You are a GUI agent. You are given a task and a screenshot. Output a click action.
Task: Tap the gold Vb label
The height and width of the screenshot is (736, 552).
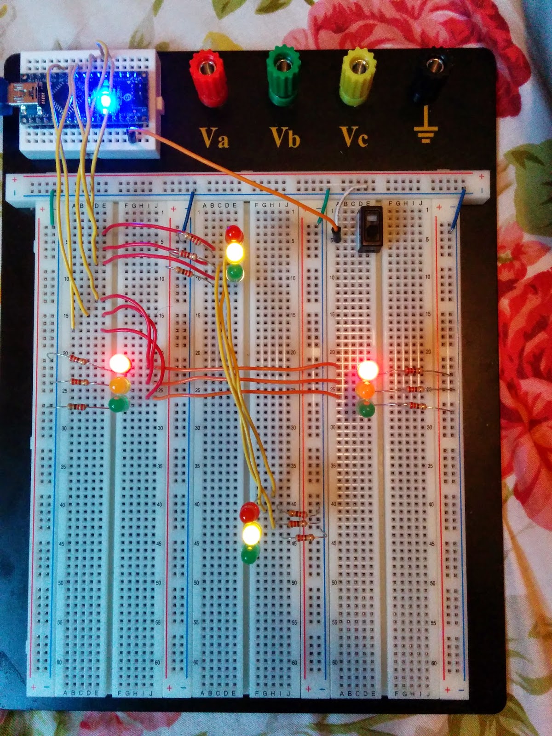[285, 137]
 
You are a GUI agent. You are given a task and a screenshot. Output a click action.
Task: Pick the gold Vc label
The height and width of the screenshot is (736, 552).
[354, 137]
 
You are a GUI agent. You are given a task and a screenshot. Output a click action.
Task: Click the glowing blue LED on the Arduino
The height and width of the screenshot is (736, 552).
[105, 99]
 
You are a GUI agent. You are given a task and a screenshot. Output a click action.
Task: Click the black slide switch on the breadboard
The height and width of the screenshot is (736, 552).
[370, 229]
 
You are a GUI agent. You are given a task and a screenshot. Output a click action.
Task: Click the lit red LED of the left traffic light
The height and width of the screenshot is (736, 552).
[120, 363]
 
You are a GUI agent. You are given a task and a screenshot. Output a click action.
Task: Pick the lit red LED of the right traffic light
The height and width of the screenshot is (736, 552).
[368, 369]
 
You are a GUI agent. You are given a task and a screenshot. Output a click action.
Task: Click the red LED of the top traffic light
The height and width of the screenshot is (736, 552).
[235, 234]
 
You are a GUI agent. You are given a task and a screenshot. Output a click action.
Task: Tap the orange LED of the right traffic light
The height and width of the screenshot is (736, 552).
[366, 391]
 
